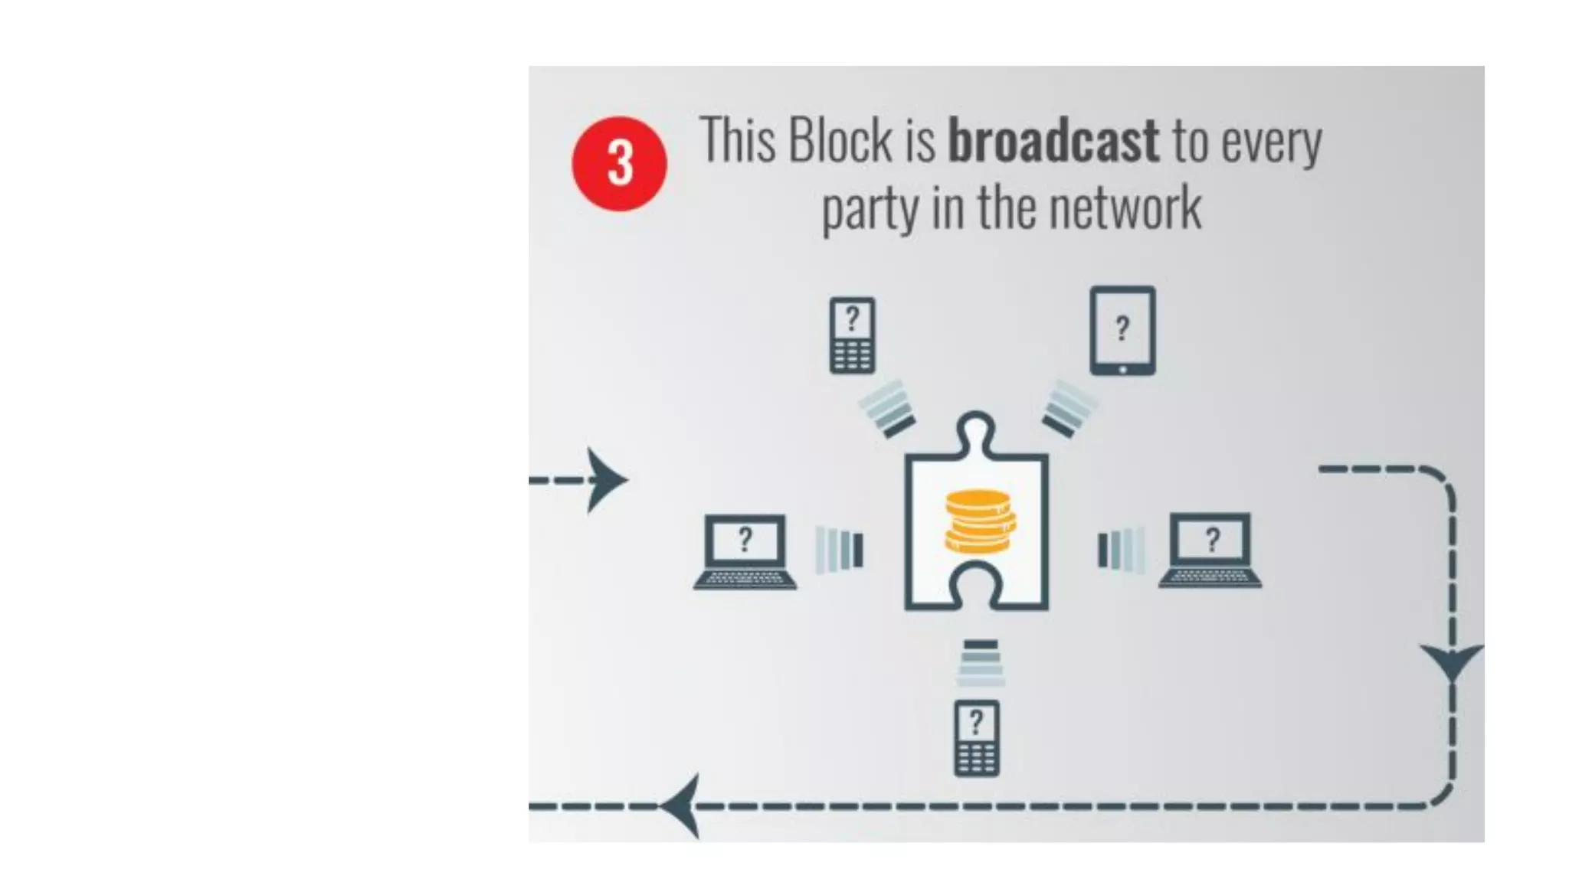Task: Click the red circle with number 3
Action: click(x=619, y=164)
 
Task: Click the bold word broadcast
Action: click(x=1053, y=141)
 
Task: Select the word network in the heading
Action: click(x=1124, y=208)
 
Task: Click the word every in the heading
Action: click(x=1271, y=142)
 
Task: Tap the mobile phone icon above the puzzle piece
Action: click(x=852, y=335)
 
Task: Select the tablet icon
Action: click(x=1122, y=331)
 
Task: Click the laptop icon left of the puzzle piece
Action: click(x=745, y=552)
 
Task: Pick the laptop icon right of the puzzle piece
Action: click(x=1210, y=550)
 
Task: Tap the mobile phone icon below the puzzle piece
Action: click(x=976, y=738)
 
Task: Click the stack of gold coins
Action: click(x=979, y=521)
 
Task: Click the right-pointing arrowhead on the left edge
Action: click(x=607, y=480)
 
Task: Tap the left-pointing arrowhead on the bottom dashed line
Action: click(x=682, y=805)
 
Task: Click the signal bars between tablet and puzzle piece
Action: click(x=1069, y=409)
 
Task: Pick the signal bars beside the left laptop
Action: click(x=839, y=549)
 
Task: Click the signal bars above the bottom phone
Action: click(x=980, y=663)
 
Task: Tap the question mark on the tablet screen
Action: click(x=1122, y=328)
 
